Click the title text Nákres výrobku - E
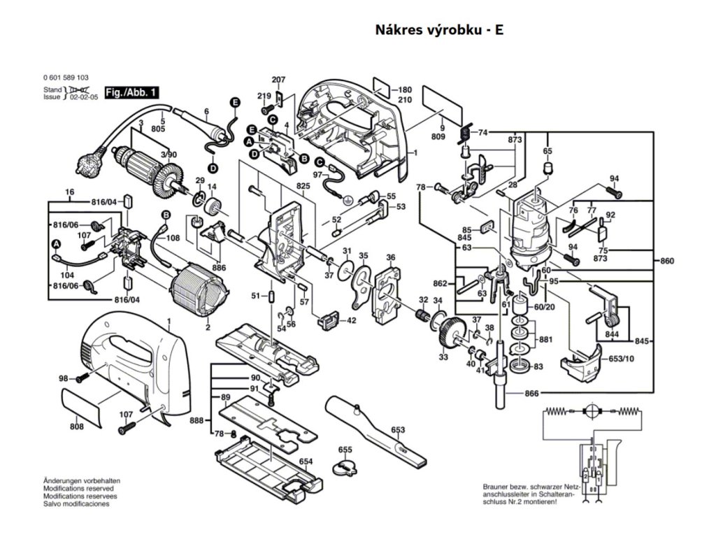439,30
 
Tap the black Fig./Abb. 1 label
131,92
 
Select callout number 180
405,90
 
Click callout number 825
302,187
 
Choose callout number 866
531,394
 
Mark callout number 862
439,283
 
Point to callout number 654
306,462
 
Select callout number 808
76,427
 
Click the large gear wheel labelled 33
451,329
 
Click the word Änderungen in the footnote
62,482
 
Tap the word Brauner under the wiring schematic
497,487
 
